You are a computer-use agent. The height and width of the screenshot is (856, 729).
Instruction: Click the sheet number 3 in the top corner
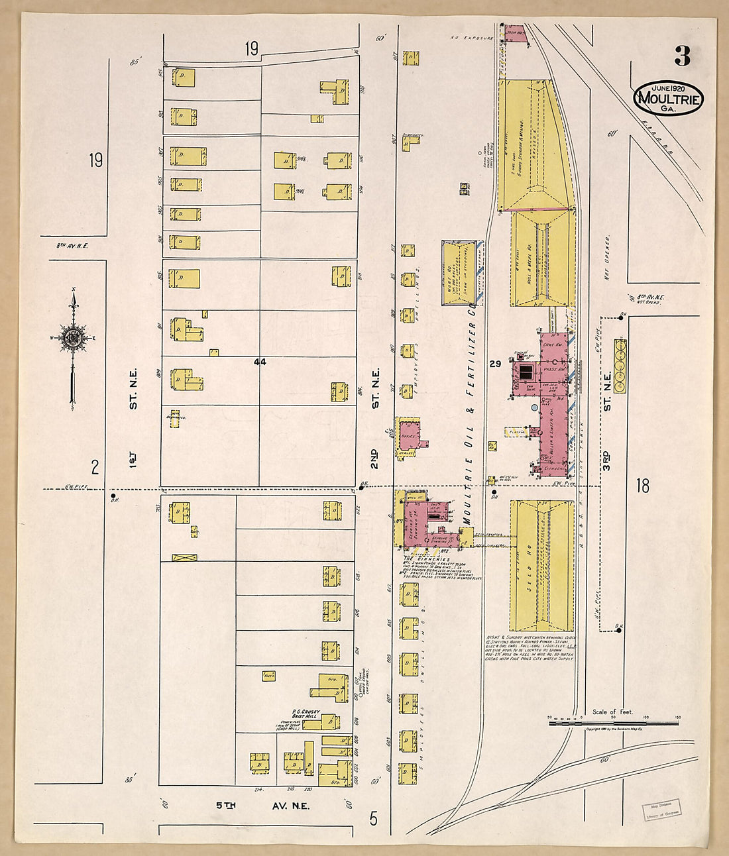tap(682, 56)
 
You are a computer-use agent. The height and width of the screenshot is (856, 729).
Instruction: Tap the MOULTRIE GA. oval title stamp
tap(668, 99)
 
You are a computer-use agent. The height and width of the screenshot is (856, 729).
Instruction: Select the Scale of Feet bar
tap(614, 723)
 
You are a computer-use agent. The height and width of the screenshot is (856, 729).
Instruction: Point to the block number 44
tap(259, 362)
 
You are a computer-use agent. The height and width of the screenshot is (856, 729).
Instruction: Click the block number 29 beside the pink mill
tap(495, 364)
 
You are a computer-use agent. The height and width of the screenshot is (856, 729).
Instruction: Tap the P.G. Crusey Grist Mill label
tap(306, 716)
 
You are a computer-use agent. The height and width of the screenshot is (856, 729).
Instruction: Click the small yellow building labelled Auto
tap(270, 676)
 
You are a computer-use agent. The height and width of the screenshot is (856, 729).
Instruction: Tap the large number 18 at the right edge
tap(642, 486)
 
